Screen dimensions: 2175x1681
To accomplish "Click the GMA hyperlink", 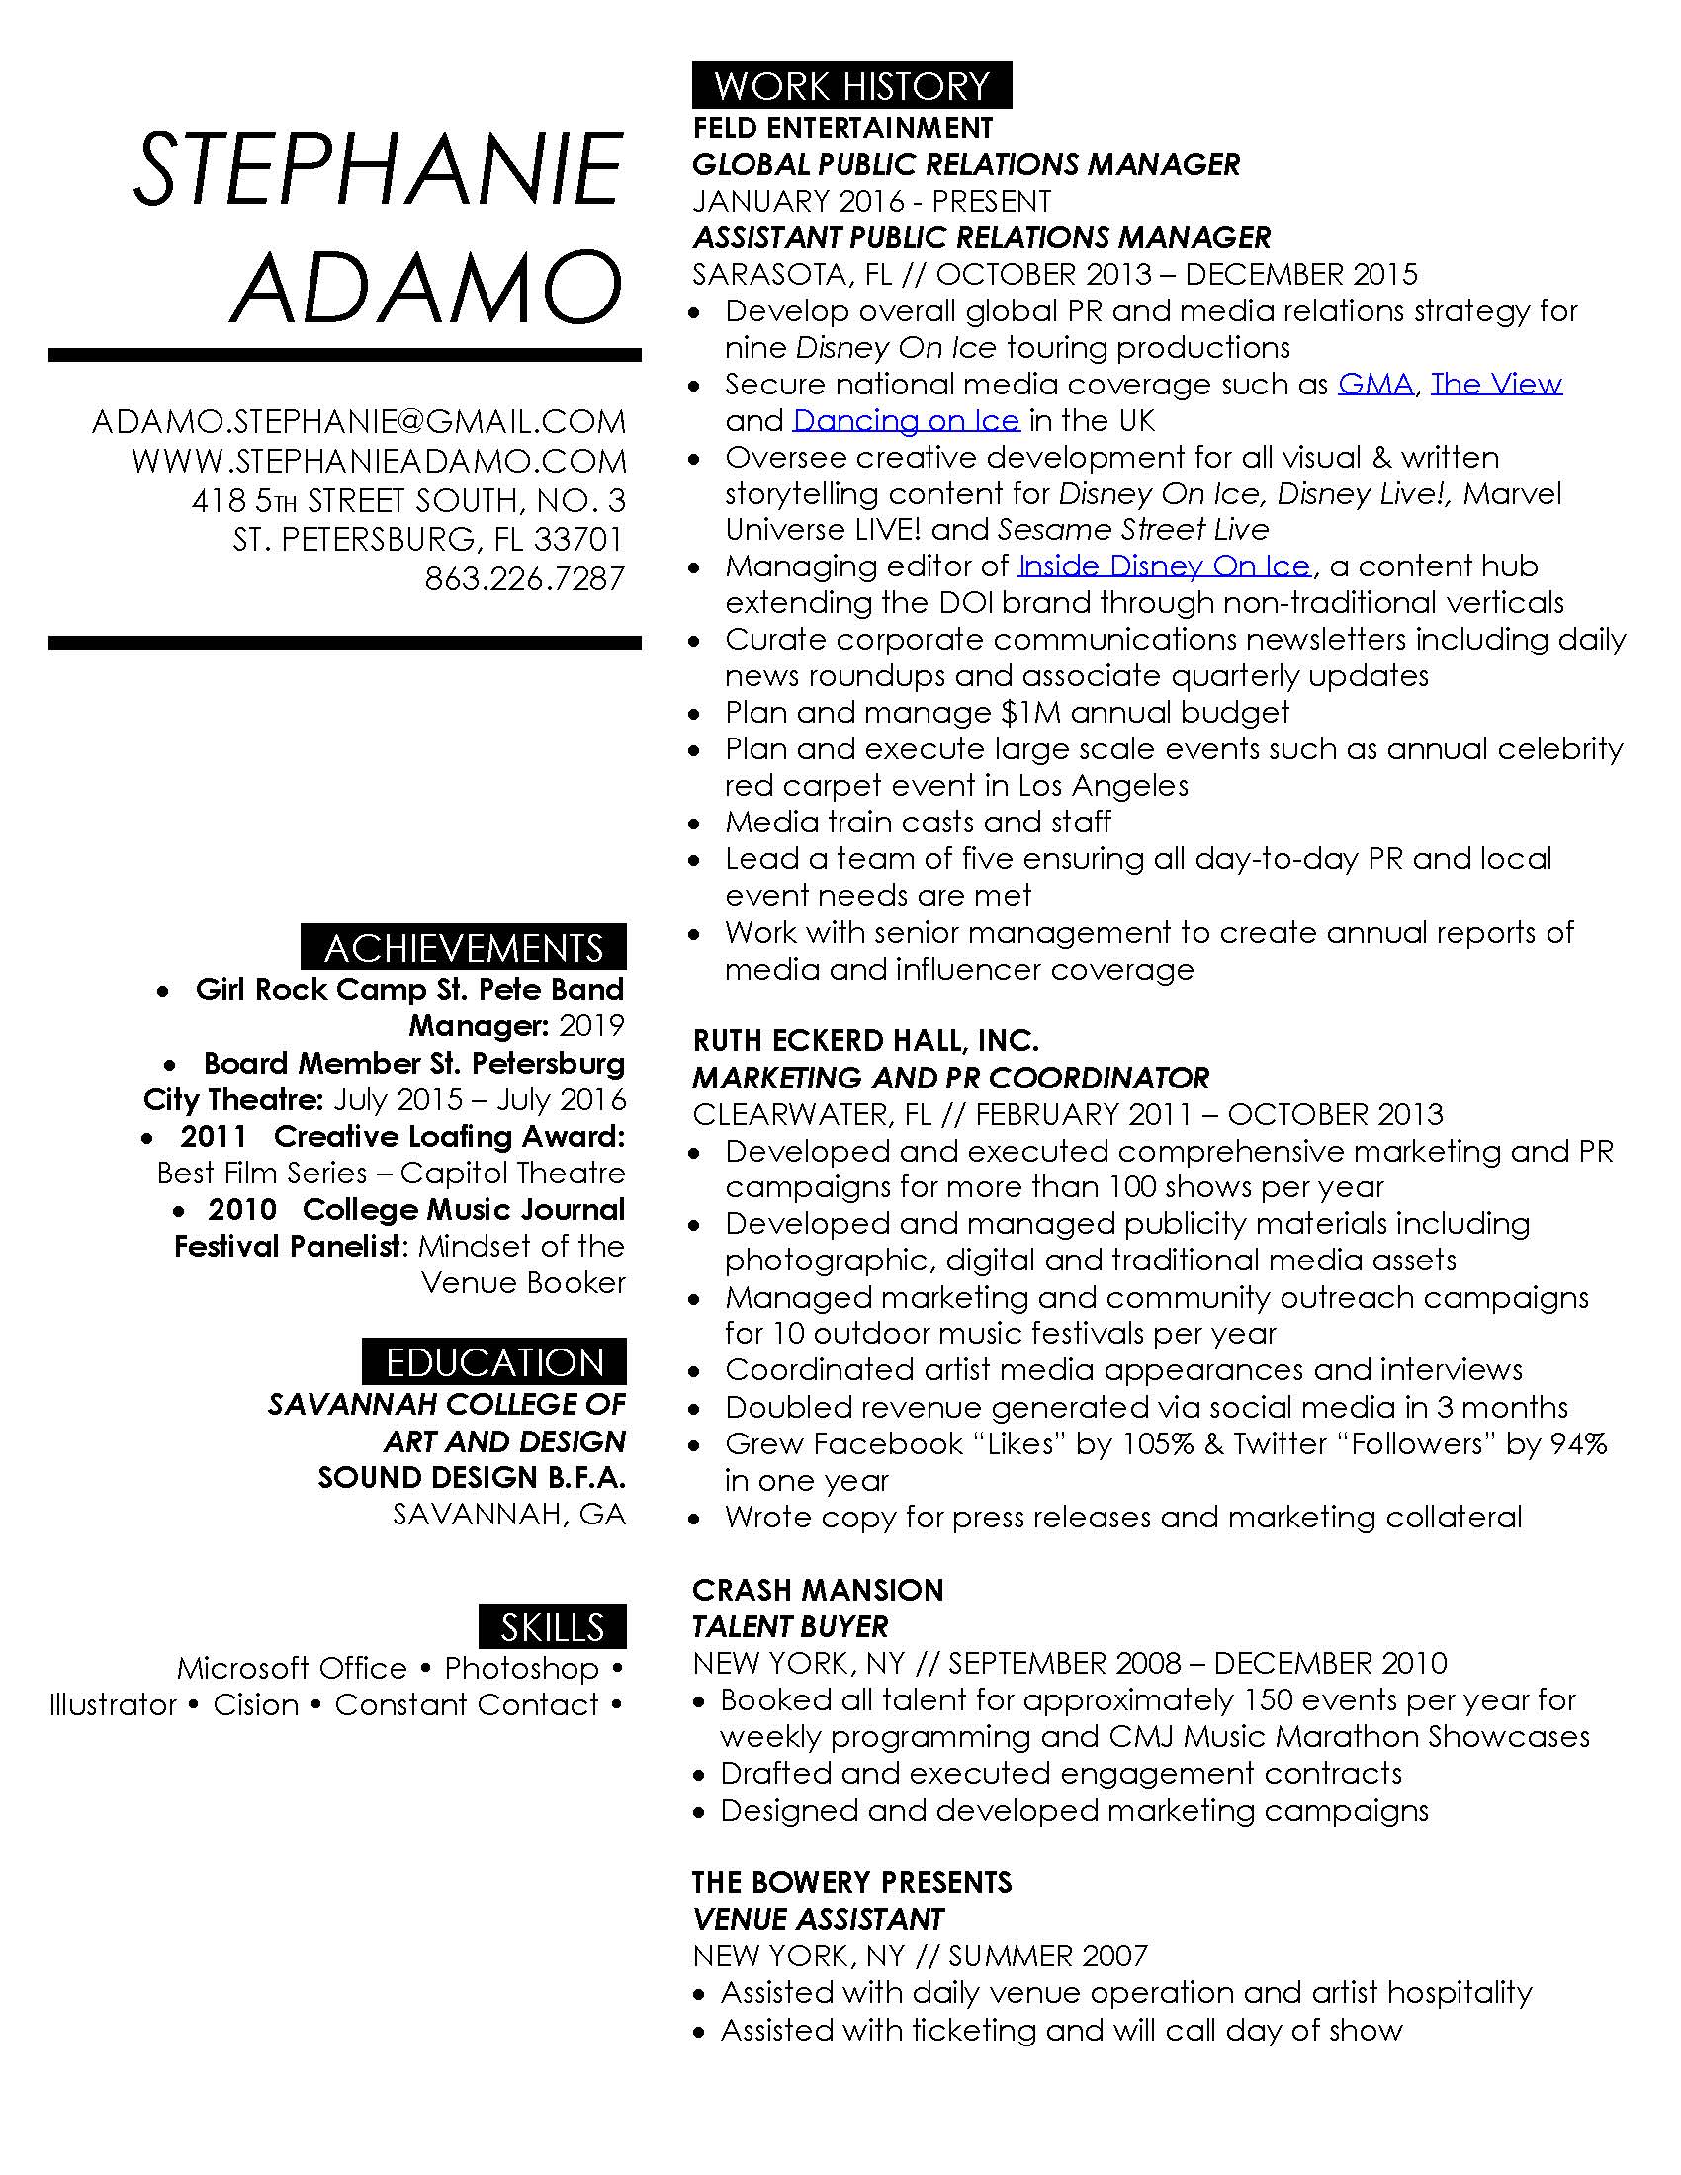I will point(1374,385).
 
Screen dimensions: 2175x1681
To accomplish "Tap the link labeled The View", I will point(1496,385).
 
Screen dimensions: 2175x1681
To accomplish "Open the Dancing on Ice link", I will point(905,421).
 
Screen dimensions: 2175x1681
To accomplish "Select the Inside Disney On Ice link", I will point(1163,566).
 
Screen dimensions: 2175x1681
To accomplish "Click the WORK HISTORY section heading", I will point(851,86).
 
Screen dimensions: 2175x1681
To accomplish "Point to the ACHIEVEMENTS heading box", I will point(464,947).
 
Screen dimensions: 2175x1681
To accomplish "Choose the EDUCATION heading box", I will point(494,1361).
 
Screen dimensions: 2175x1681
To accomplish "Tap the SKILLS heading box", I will point(552,1626).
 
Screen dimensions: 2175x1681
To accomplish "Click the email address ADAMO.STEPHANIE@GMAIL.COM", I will point(359,422).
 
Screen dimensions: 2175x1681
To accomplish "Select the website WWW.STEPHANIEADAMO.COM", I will point(379,461).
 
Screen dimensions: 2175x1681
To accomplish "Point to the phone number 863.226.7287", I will point(525,578).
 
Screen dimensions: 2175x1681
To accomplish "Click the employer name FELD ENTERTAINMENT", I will point(842,129).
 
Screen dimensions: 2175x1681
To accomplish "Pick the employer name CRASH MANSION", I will point(818,1590).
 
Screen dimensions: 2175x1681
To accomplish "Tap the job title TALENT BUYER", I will point(790,1626).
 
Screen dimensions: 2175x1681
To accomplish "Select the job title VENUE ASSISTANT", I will point(818,1919).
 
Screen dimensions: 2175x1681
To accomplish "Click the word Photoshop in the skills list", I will point(521,1668).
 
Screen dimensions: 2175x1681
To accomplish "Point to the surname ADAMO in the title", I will point(426,286).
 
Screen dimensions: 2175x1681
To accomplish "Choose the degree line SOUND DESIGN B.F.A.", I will point(471,1478).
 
